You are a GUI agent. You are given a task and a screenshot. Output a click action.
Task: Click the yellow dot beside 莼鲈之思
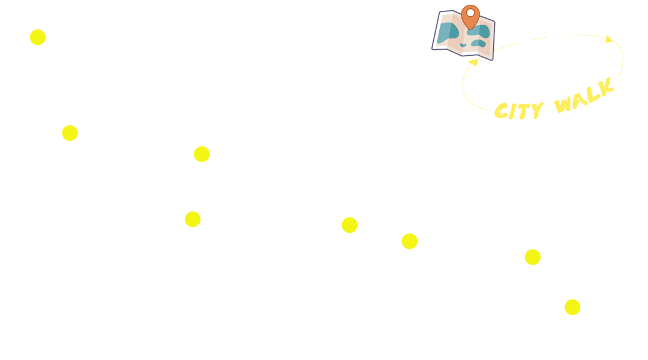tap(38, 37)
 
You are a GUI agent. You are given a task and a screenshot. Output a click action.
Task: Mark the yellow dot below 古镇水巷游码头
tap(70, 133)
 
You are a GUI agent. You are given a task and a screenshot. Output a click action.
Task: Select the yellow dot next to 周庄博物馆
tap(202, 154)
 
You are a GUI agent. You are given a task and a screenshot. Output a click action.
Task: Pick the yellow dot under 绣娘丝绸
tap(409, 241)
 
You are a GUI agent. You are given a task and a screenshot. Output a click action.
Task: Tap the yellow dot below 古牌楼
tap(532, 257)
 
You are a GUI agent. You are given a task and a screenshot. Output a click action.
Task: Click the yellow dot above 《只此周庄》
tap(572, 307)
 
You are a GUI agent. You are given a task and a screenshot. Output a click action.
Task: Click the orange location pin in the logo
tap(472, 17)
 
